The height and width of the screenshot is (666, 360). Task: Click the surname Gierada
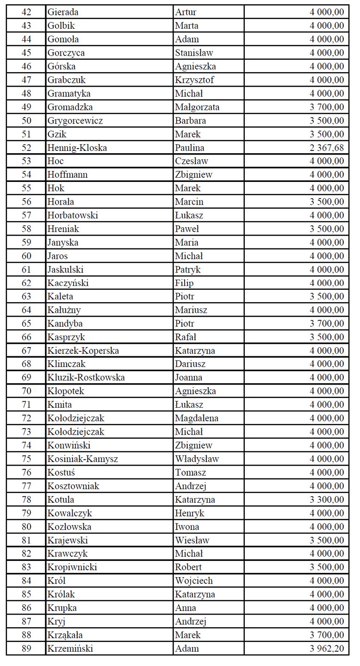(63, 12)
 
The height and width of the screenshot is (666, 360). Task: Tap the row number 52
(26, 148)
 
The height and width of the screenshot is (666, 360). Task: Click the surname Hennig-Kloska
(77, 148)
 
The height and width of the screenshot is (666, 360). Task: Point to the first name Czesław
(192, 161)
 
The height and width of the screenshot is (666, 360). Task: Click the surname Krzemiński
(70, 648)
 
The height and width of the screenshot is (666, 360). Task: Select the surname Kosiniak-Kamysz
(83, 459)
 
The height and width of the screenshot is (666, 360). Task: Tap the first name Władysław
(197, 459)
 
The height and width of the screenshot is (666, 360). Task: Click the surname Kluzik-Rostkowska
(86, 378)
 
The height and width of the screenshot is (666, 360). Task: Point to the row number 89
(26, 648)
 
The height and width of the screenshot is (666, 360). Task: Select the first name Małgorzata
(197, 107)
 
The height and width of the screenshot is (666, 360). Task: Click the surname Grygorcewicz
(75, 121)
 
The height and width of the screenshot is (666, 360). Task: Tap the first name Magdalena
(197, 418)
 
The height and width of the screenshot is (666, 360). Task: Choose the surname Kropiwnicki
(72, 567)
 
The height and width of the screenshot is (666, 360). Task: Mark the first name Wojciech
(194, 580)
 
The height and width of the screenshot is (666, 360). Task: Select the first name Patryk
(188, 269)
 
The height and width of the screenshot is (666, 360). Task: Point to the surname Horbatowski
(73, 215)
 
